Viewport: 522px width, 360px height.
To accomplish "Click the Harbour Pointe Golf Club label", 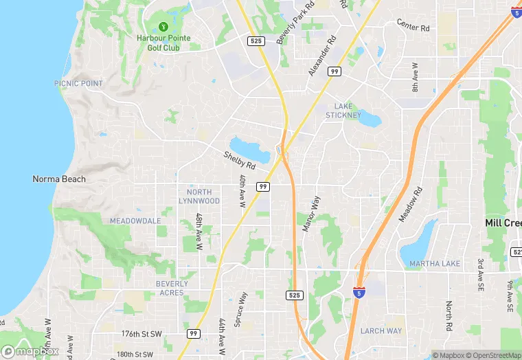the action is [x=163, y=43].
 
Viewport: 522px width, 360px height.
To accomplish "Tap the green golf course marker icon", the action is [x=163, y=27].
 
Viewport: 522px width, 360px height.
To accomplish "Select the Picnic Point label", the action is [x=78, y=83].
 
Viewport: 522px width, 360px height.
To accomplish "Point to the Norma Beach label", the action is [x=59, y=179].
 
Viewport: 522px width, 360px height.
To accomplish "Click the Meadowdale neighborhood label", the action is [x=135, y=221].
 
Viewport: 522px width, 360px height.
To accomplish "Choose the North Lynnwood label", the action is [x=199, y=196].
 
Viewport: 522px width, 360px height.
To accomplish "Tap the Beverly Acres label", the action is [x=170, y=288].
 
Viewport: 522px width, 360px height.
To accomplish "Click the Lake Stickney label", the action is [x=347, y=111].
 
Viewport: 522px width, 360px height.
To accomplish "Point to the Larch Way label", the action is [x=381, y=330].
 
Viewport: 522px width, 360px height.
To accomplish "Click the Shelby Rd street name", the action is [x=239, y=161].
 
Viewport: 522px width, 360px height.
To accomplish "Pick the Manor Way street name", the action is [x=309, y=213].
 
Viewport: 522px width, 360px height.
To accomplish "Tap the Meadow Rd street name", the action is [x=411, y=205].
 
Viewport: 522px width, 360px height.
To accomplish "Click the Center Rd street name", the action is [x=413, y=26].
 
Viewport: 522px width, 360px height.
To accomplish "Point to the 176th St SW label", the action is [x=142, y=334].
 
